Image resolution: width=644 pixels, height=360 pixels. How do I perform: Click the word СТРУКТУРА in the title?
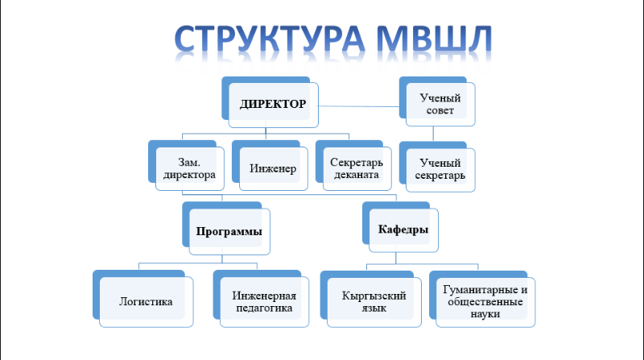[270, 39]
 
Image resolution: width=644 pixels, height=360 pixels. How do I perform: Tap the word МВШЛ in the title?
[434, 39]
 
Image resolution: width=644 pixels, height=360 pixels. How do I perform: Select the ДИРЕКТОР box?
[270, 102]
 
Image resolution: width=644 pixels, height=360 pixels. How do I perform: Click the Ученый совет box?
[437, 101]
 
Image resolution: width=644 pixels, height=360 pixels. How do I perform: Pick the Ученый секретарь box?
[437, 168]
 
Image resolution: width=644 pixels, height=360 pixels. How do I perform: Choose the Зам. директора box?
[186, 166]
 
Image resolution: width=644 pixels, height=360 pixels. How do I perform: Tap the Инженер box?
[270, 166]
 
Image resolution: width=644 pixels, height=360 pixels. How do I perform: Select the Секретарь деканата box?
[353, 166]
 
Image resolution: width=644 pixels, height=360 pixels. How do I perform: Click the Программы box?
[226, 229]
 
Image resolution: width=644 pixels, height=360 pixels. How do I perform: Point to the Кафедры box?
[400, 227]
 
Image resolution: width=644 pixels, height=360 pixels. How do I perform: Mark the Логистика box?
[143, 299]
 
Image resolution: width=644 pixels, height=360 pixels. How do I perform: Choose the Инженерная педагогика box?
[261, 299]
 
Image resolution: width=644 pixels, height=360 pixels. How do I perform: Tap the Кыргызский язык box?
[371, 299]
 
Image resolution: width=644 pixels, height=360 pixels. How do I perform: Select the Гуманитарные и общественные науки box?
[482, 299]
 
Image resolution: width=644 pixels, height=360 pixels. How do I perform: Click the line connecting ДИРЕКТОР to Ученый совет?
[359, 106]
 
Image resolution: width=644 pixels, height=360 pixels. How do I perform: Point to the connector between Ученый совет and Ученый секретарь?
[433, 134]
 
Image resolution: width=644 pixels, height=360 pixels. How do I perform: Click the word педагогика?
[264, 308]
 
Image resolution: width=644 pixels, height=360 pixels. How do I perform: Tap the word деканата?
[357, 175]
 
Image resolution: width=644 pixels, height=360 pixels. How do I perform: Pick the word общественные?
[485, 302]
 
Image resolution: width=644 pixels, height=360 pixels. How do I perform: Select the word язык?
[374, 308]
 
